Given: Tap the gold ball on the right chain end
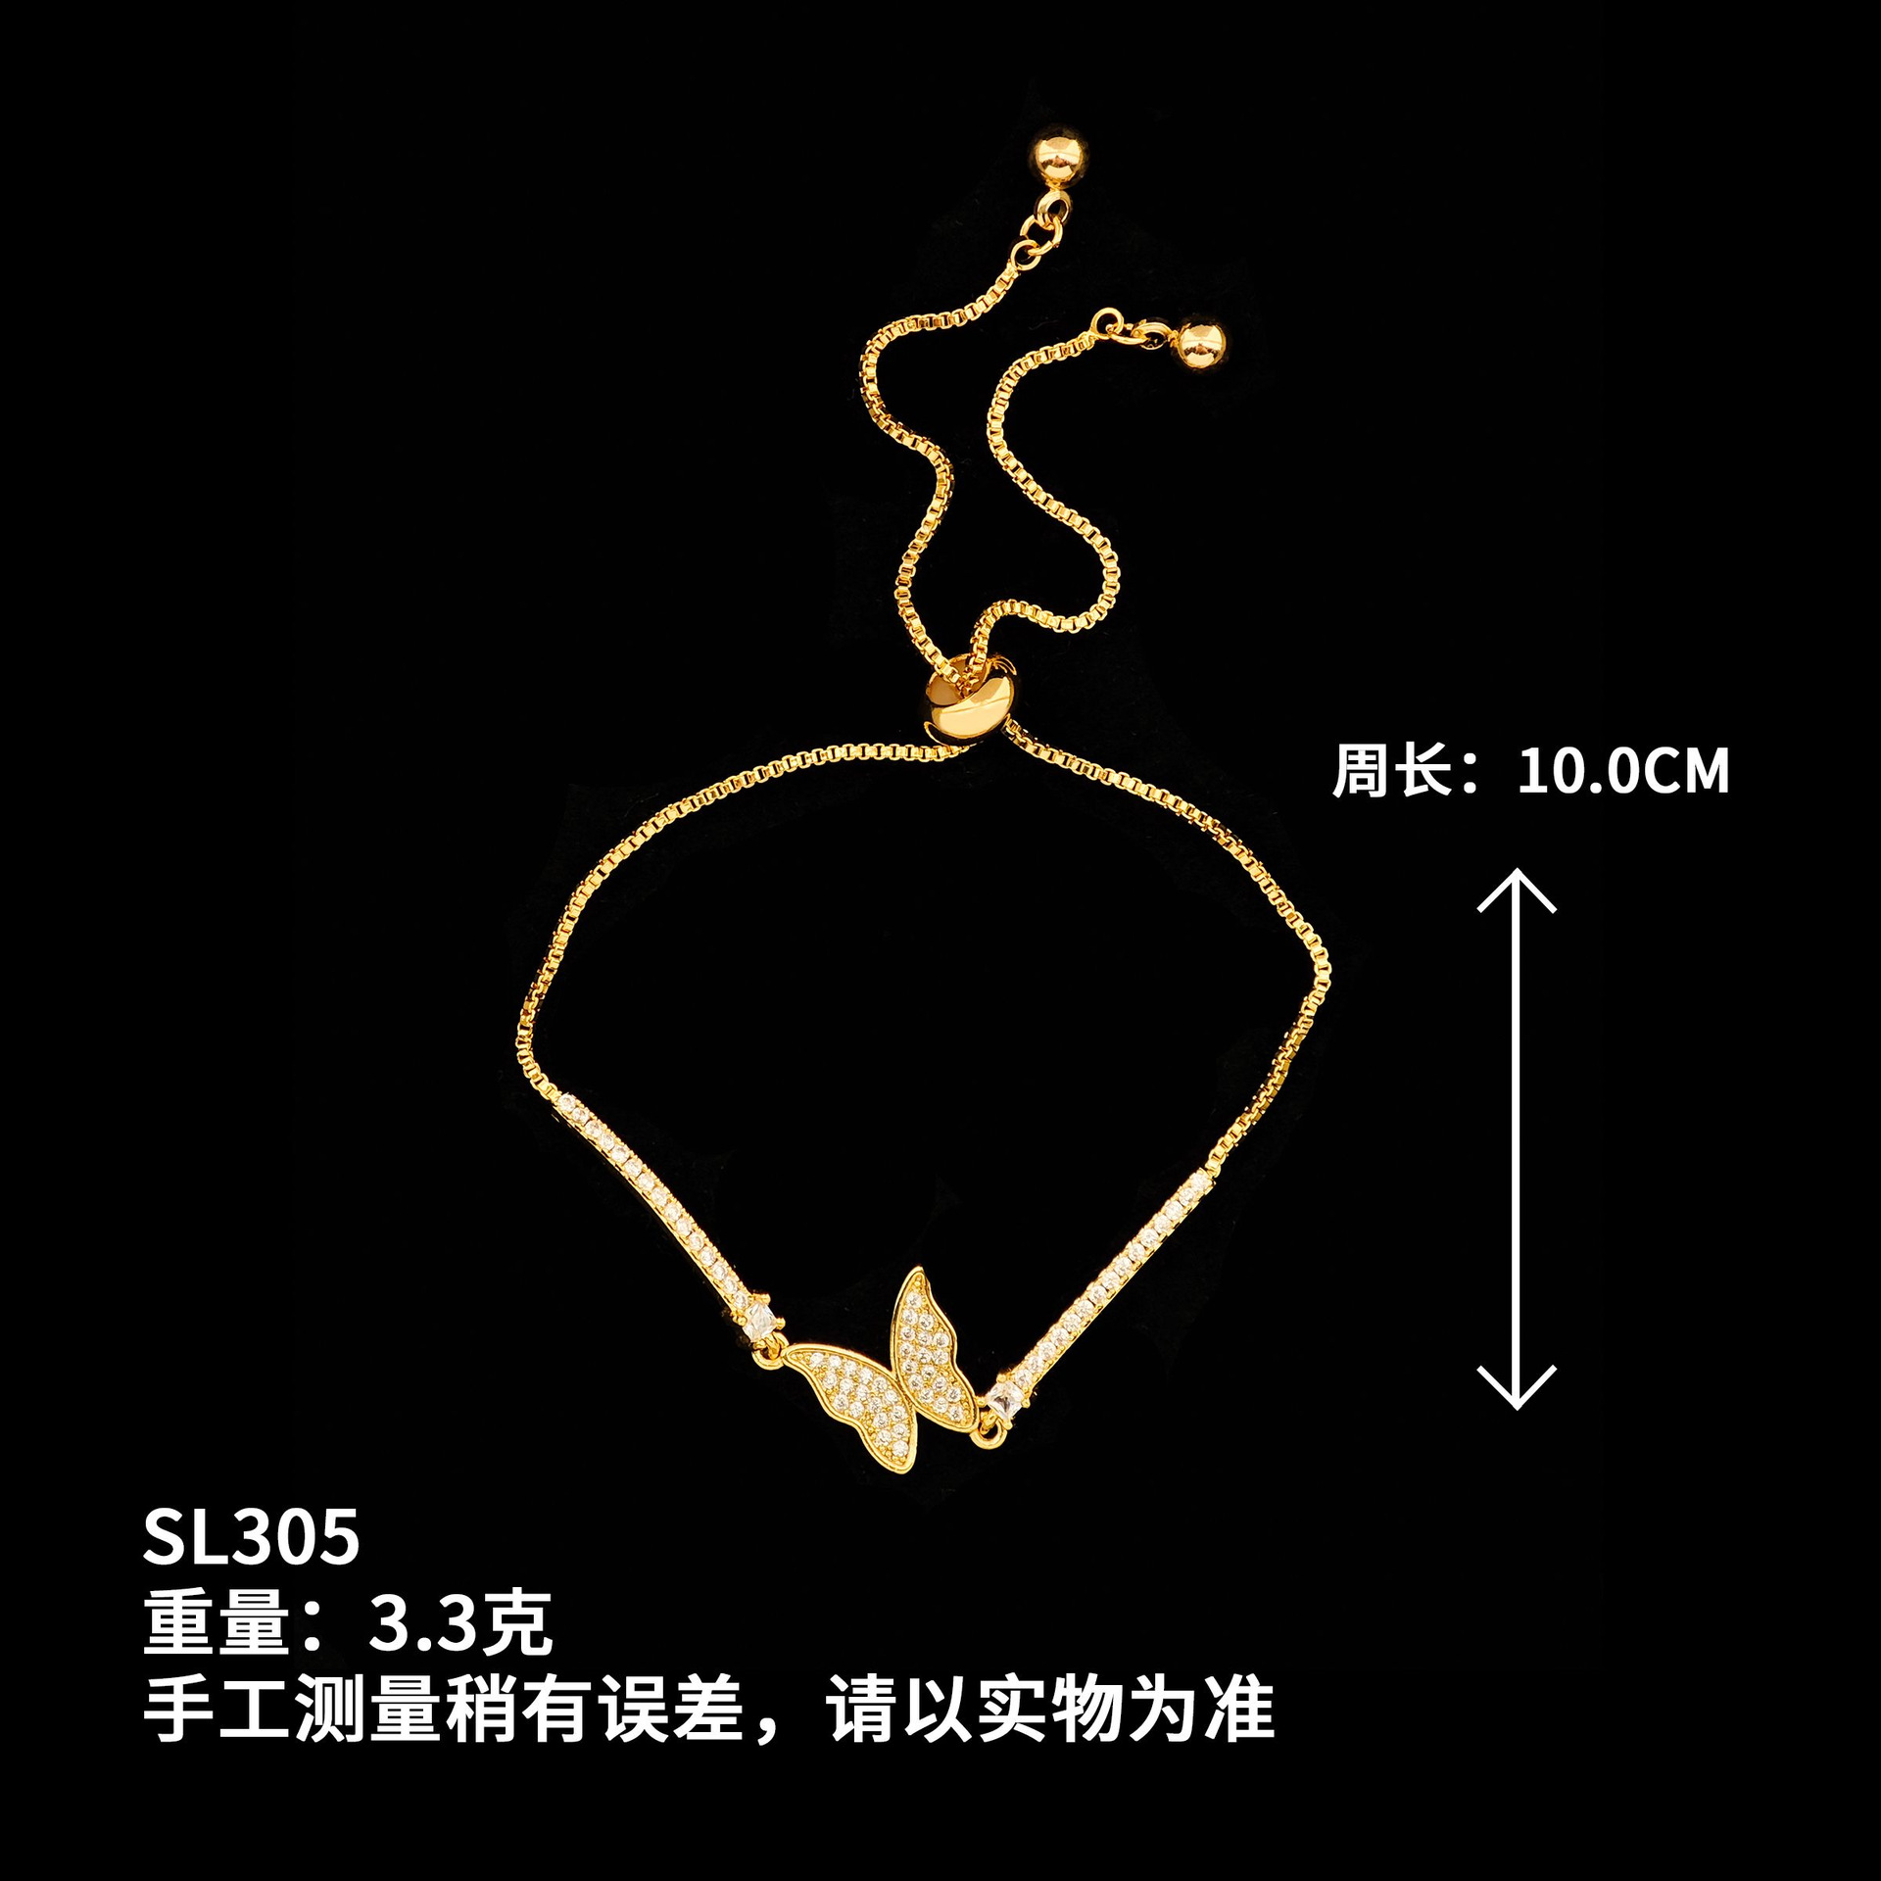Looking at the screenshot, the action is [x=1199, y=344].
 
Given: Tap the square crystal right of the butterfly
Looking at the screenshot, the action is [x=1002, y=1401].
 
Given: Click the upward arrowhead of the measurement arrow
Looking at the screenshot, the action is [x=1517, y=889].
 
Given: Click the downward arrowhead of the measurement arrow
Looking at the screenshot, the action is [x=1517, y=1387].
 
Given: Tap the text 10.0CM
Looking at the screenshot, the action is [x=1623, y=771].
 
